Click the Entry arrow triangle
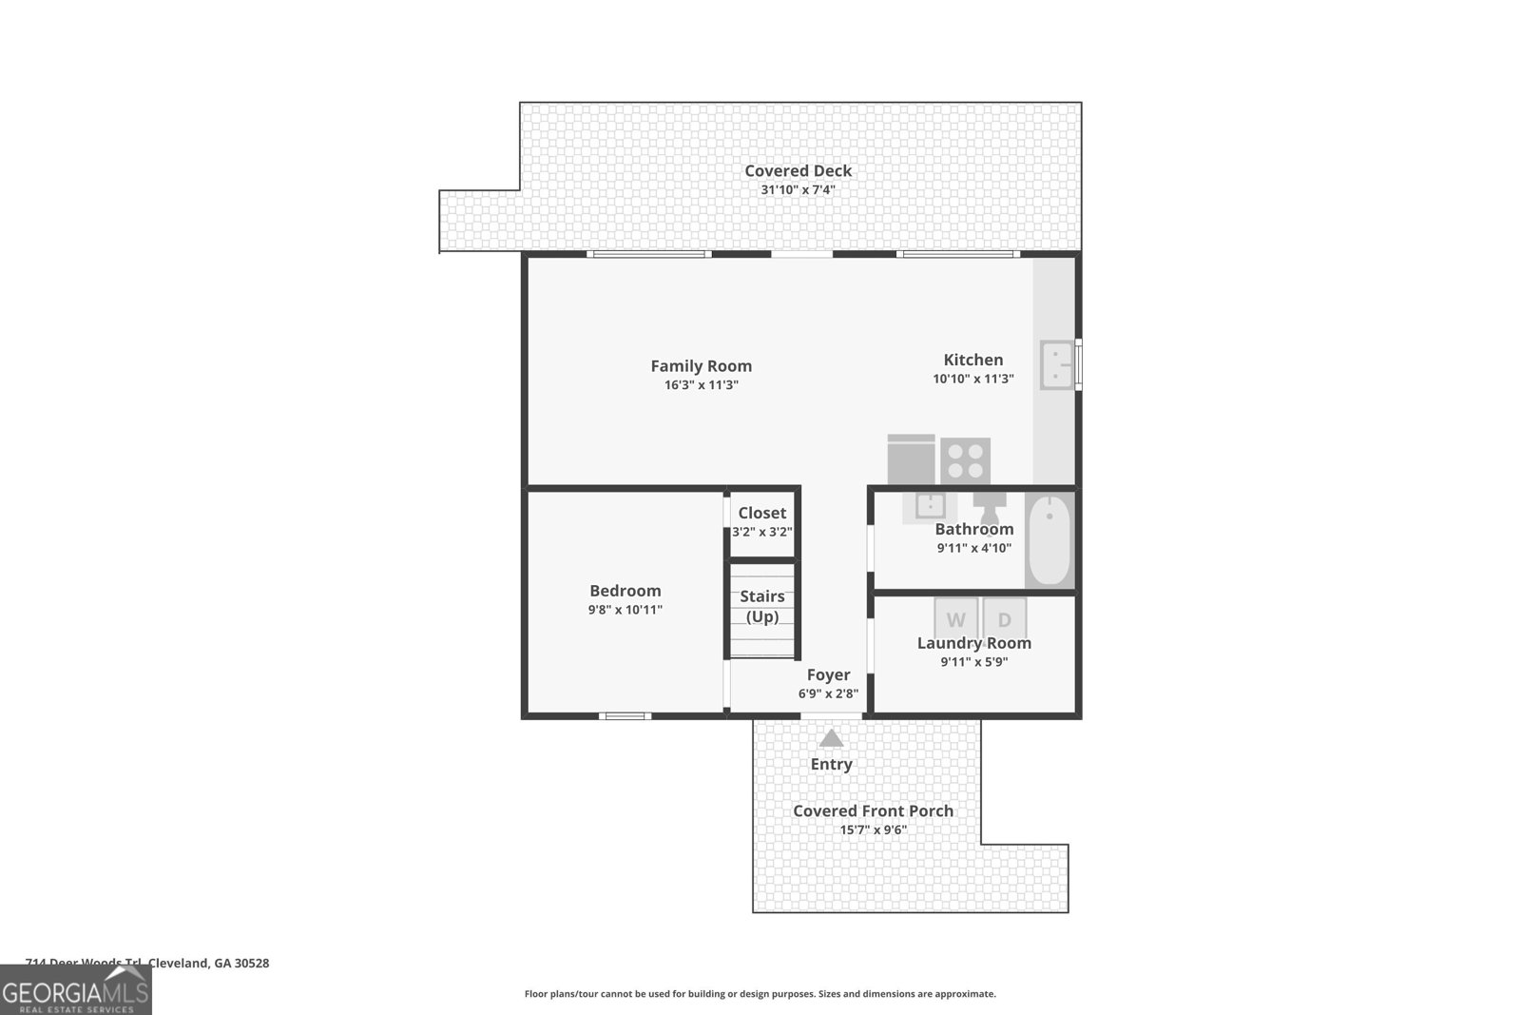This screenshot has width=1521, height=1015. (x=831, y=738)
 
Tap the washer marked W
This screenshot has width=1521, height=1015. (x=955, y=619)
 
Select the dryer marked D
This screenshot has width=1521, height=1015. (x=1005, y=619)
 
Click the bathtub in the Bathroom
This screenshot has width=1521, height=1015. (x=1049, y=539)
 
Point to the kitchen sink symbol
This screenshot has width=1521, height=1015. (x=1057, y=365)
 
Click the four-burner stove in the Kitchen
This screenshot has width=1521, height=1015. (x=966, y=460)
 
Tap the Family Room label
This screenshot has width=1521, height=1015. (x=701, y=366)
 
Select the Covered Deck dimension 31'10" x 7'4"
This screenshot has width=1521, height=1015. (x=798, y=190)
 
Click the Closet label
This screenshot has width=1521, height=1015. (x=761, y=514)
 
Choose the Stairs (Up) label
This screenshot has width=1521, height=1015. (x=762, y=606)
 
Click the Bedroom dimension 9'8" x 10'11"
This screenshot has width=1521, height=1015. (x=625, y=610)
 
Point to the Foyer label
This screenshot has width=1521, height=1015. (x=828, y=675)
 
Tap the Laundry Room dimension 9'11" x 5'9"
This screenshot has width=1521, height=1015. (x=973, y=662)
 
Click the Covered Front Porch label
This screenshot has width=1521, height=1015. (x=873, y=811)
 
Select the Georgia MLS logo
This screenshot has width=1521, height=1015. (x=75, y=989)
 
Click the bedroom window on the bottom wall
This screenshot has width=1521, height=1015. (x=625, y=715)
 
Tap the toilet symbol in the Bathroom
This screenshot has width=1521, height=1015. (x=990, y=501)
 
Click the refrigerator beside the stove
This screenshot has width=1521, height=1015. (x=911, y=459)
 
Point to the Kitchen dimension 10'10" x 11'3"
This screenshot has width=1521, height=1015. (x=972, y=379)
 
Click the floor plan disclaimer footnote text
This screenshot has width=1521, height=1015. (x=760, y=994)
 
